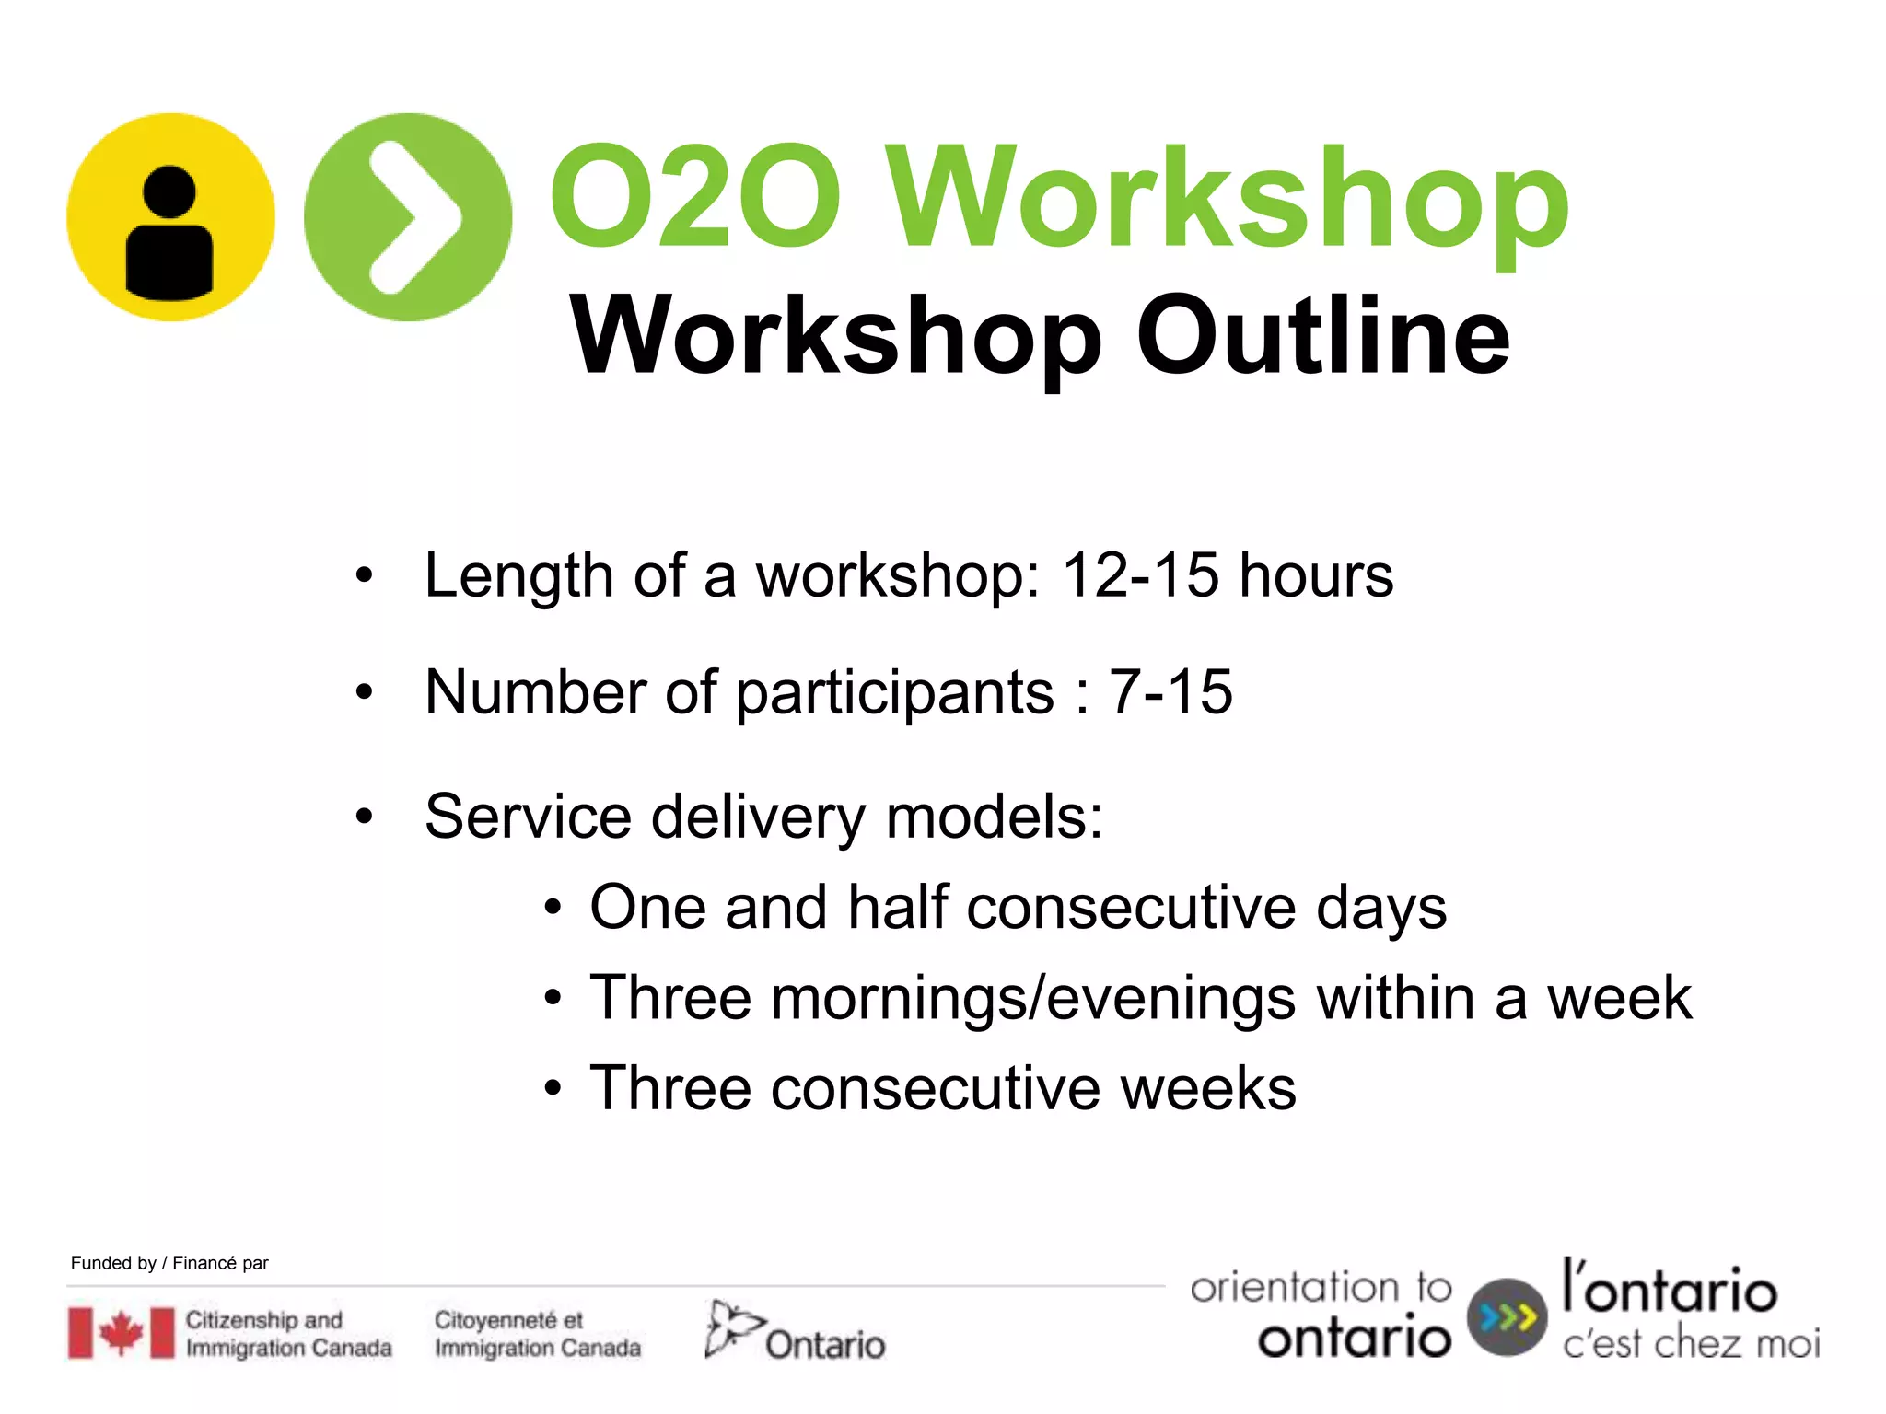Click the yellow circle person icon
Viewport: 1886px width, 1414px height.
[170, 217]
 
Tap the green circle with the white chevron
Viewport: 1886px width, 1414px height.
[408, 217]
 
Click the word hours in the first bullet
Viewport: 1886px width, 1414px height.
[1316, 575]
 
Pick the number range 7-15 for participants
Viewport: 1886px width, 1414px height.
[1170, 691]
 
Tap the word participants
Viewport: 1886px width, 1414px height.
[894, 693]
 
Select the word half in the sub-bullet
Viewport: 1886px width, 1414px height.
[898, 907]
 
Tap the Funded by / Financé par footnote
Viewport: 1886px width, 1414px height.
[169, 1263]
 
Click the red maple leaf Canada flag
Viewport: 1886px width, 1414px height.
[121, 1333]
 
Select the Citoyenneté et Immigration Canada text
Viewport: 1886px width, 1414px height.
[538, 1334]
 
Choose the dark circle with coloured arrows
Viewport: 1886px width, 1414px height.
[1507, 1317]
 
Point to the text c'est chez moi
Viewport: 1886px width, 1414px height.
[1691, 1344]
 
